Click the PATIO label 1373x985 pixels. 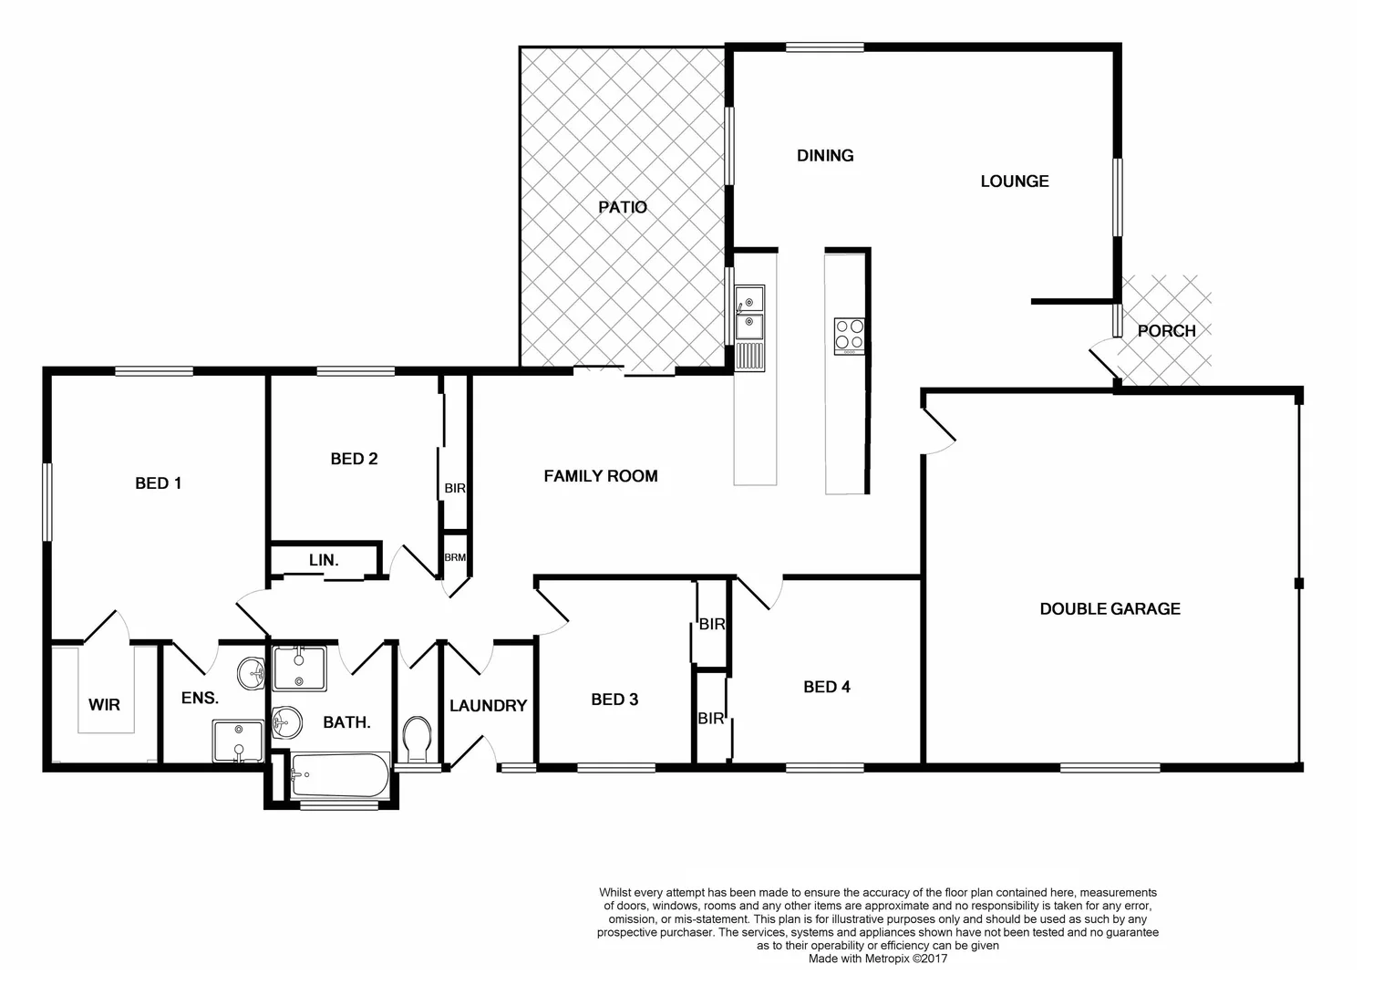click(623, 207)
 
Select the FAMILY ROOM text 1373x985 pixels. click(600, 475)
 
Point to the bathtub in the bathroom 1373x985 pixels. click(340, 777)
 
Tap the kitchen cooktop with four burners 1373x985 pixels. click(849, 336)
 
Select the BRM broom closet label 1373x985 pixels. click(455, 557)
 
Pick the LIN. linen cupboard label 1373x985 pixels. click(323, 560)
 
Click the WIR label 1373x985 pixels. click(104, 704)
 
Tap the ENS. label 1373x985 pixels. click(200, 699)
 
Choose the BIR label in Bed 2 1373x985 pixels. click(455, 489)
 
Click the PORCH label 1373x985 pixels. click(1166, 330)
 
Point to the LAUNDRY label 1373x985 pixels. click(488, 705)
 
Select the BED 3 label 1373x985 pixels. click(614, 700)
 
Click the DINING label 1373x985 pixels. click(825, 155)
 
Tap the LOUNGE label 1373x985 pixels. click(1014, 181)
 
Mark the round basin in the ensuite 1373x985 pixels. click(251, 675)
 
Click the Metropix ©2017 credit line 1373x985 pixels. click(877, 959)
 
